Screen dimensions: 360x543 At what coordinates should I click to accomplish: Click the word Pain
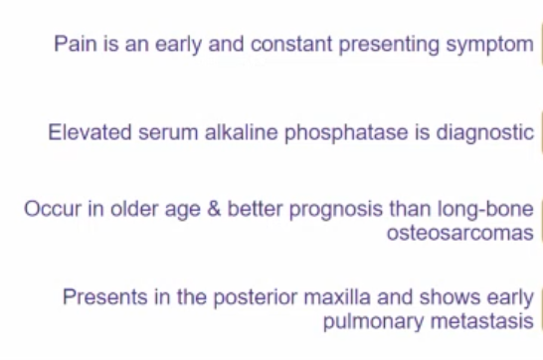[73, 44]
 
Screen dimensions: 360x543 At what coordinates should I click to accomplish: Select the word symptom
[486, 44]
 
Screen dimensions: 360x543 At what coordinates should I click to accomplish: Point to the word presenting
[389, 44]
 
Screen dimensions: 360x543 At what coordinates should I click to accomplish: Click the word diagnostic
[484, 132]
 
